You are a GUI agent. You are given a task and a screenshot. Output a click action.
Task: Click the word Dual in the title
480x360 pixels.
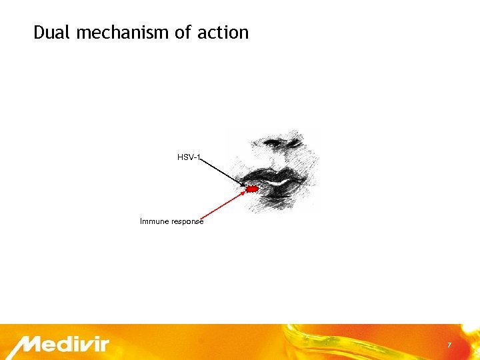[x=52, y=32]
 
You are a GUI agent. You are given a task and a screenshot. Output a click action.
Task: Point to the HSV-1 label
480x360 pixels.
[x=189, y=157]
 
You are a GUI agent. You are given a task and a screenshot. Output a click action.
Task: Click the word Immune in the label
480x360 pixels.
[x=154, y=221]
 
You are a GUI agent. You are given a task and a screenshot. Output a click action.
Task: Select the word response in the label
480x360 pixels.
[x=187, y=221]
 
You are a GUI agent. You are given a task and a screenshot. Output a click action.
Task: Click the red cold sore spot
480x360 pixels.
[x=252, y=190]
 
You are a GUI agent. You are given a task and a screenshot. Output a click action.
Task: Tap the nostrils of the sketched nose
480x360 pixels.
[x=280, y=142]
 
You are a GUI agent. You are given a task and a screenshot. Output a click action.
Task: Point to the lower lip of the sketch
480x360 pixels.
[x=280, y=193]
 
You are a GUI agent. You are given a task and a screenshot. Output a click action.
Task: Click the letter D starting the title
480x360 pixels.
[x=39, y=32]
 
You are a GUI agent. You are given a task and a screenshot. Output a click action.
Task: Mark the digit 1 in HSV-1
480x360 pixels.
[x=198, y=157]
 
